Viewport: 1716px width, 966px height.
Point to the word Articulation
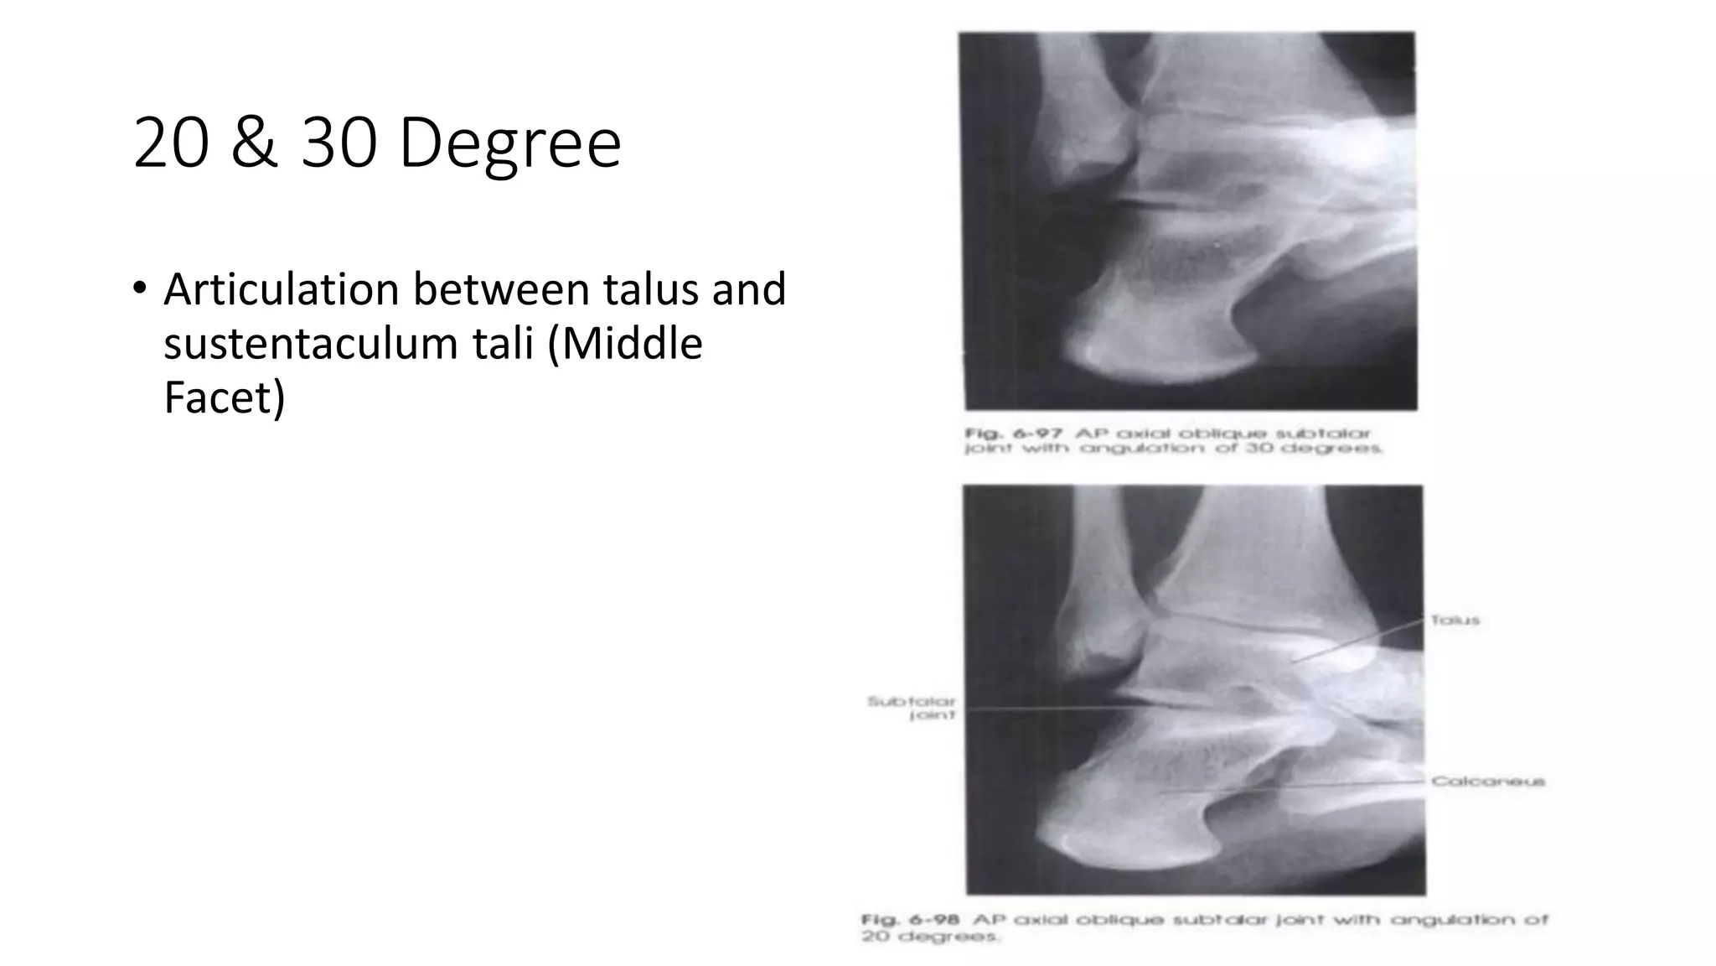[281, 289]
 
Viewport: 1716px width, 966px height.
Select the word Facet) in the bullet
[224, 397]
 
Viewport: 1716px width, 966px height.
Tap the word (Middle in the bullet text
[625, 344]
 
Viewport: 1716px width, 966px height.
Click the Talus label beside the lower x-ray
[1455, 621]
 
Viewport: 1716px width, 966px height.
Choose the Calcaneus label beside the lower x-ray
[1488, 782]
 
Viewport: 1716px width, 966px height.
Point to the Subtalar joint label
[912, 708]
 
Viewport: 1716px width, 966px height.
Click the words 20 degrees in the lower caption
[930, 936]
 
